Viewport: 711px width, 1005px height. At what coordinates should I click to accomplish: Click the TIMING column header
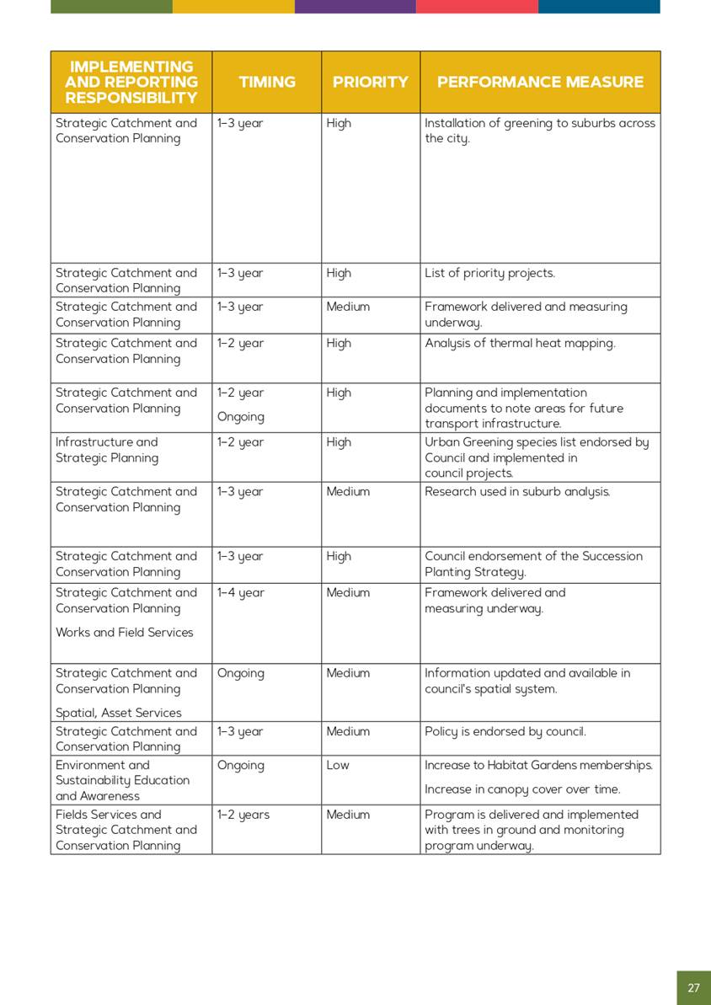click(267, 82)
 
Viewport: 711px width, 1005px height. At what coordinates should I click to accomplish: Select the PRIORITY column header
click(370, 82)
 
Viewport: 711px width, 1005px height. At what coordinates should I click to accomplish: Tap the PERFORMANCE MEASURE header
click(540, 82)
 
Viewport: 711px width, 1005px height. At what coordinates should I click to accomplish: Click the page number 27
click(693, 987)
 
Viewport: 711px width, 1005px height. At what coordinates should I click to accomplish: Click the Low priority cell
click(338, 765)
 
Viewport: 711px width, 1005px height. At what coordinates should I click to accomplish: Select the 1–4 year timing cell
click(240, 592)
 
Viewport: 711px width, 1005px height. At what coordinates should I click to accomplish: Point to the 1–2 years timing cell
click(243, 815)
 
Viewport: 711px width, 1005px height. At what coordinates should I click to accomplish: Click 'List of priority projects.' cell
click(489, 273)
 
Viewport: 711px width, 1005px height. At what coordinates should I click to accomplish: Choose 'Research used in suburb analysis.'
click(517, 491)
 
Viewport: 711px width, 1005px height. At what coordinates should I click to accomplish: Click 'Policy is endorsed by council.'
click(505, 731)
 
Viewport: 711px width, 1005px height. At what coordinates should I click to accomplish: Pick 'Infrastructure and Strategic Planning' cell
click(107, 450)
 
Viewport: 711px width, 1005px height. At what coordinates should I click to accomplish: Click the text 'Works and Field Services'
click(125, 632)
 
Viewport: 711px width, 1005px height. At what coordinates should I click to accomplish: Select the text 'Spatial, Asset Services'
click(119, 713)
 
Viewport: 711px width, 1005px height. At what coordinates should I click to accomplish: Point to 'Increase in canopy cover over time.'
click(522, 789)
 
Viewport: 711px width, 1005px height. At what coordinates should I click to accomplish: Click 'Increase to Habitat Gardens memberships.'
click(539, 765)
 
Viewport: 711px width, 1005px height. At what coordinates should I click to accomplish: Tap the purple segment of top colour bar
click(355, 7)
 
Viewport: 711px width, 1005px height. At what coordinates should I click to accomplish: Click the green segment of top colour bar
click(111, 7)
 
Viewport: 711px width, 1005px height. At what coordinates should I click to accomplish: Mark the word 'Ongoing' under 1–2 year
click(241, 416)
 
